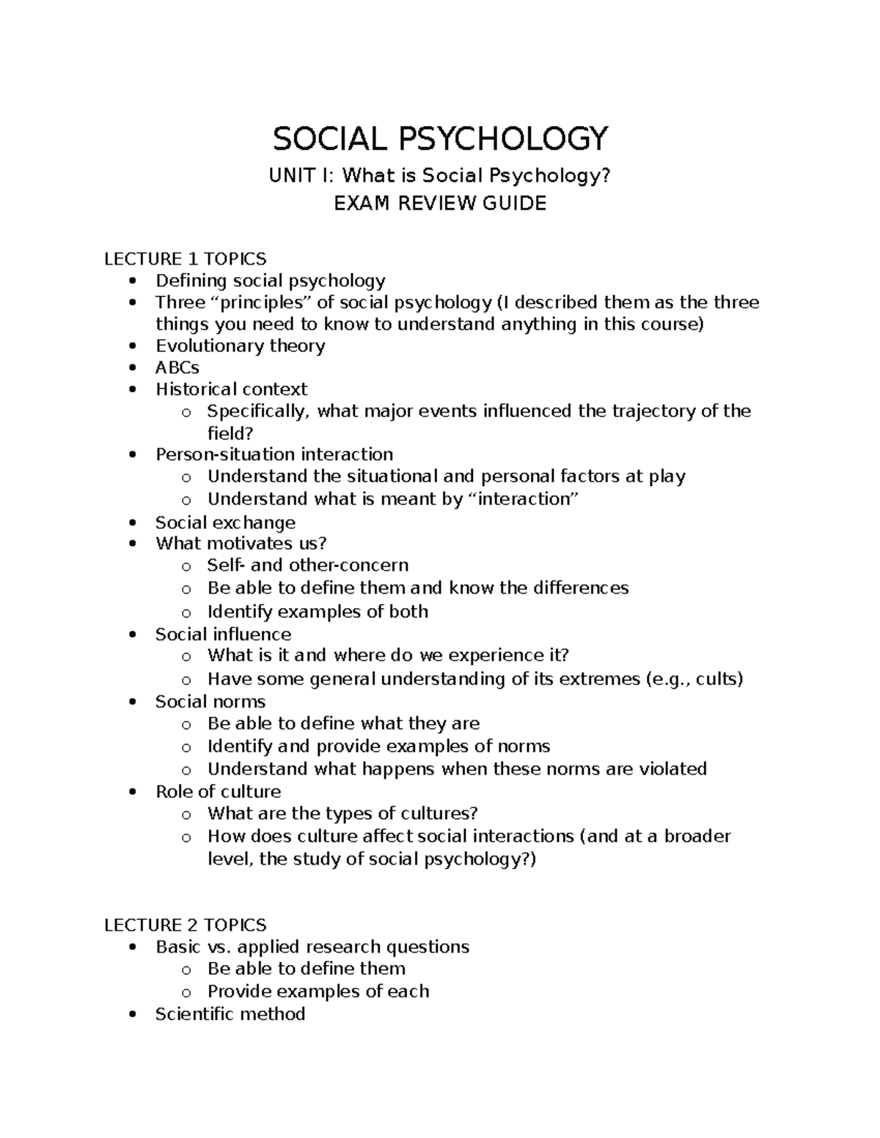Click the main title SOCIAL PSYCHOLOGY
[440, 138]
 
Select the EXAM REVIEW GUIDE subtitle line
[440, 203]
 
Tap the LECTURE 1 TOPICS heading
[185, 259]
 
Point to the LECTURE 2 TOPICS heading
[185, 925]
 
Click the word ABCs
[177, 367]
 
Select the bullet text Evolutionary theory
[240, 346]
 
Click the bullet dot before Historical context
[132, 390]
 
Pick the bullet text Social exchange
[225, 522]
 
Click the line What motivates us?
[241, 543]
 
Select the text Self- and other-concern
[308, 565]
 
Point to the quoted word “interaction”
[523, 499]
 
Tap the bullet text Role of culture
[218, 791]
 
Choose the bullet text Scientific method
[230, 1014]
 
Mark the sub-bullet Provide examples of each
[318, 991]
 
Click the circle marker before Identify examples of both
[186, 613]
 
